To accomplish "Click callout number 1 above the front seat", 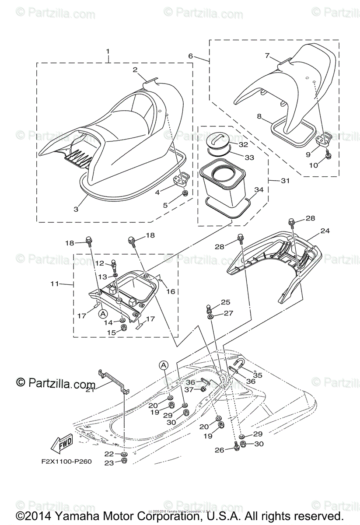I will [x=108, y=52].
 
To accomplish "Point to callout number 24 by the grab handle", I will [x=325, y=231].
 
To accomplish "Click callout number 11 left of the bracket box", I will [x=54, y=283].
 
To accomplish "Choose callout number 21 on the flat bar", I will [x=90, y=389].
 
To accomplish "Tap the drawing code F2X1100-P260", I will [x=66, y=461].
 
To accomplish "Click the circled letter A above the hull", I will [x=163, y=364].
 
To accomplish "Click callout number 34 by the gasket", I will [x=259, y=189].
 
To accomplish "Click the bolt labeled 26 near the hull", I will [x=237, y=448].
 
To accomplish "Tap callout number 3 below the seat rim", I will [x=76, y=209].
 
